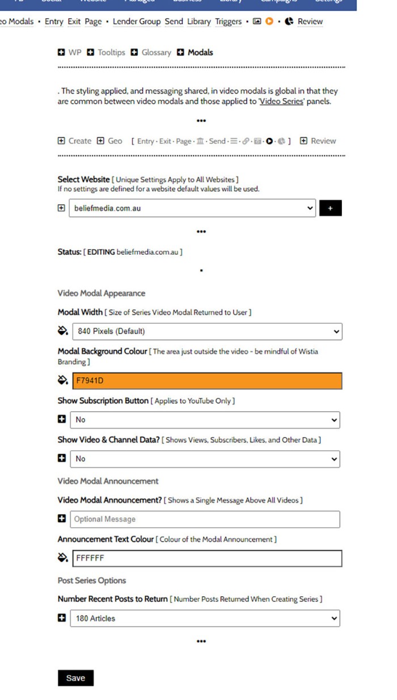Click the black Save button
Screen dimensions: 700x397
coord(75,678)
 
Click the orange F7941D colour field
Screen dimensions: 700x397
coord(207,381)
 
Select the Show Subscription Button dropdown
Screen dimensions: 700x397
coord(205,420)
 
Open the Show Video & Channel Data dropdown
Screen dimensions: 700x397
coord(205,458)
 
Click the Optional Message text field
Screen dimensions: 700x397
coord(205,519)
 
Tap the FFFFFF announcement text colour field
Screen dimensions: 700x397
coord(207,558)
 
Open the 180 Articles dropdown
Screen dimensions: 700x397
coord(205,618)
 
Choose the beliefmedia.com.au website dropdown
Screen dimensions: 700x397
coord(192,208)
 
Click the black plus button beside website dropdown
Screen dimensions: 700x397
coord(330,208)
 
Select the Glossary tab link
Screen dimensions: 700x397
coord(156,52)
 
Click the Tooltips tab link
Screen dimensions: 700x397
coord(111,52)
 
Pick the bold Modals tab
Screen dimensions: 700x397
coord(200,52)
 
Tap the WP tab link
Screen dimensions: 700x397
coord(75,52)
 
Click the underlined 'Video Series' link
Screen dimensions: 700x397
coord(281,102)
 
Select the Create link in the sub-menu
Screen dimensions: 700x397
coord(79,141)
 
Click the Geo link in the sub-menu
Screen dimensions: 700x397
coord(115,141)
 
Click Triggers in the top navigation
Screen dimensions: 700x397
coord(228,22)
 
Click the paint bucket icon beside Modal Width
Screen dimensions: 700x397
coord(63,331)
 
